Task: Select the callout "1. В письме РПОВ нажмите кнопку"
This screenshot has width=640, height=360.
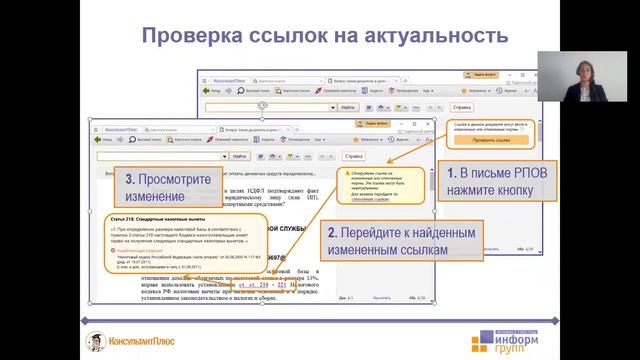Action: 489,181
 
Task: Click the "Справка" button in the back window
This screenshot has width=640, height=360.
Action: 461,106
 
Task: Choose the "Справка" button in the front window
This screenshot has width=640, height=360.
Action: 354,156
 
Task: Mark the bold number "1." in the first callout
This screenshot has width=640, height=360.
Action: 453,173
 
